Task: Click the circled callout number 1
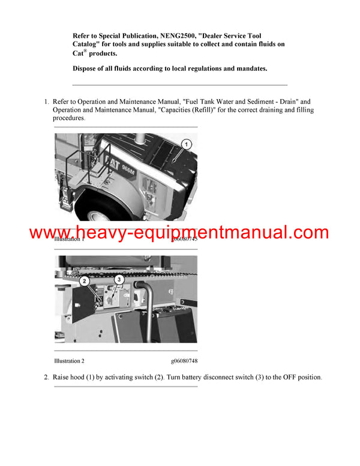point(186,144)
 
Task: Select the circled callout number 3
point(119,280)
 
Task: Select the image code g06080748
point(184,361)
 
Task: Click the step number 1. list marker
point(46,102)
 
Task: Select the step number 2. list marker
point(46,377)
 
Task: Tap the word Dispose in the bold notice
point(88,68)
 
